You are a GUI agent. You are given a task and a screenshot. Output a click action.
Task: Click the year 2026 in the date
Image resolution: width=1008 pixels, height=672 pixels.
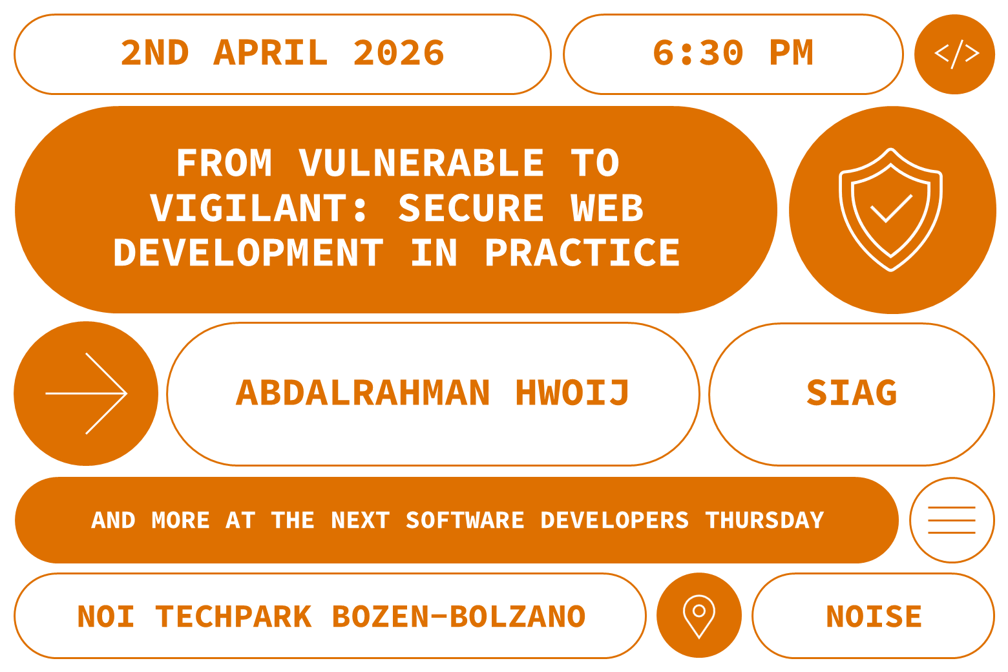click(399, 53)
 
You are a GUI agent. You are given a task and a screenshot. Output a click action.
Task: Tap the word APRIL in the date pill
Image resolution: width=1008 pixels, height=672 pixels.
click(271, 53)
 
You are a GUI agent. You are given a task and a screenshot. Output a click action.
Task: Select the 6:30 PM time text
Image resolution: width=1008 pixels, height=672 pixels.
click(732, 53)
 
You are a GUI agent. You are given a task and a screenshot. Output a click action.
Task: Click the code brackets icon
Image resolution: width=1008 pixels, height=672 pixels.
click(955, 54)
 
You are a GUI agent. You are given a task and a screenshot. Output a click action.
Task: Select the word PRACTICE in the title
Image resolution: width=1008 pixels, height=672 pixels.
click(582, 253)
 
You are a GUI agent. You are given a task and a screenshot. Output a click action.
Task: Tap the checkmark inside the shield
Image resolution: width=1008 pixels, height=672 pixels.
click(891, 208)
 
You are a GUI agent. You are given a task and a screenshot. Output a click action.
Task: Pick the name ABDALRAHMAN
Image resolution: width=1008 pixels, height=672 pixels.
click(363, 393)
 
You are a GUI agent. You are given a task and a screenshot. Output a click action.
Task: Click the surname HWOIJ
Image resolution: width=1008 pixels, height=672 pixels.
click(572, 393)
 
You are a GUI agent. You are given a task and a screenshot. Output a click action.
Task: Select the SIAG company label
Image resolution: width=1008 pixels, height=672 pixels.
click(852, 393)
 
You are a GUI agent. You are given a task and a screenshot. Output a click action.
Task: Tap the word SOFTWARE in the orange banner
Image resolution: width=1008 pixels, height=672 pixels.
click(465, 520)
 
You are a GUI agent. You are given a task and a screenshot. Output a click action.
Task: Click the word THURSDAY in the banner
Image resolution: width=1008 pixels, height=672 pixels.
click(764, 520)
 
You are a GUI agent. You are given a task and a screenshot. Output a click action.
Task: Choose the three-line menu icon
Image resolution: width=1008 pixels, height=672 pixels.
click(951, 520)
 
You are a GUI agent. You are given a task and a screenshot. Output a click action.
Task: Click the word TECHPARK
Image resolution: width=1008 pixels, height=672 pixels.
click(234, 616)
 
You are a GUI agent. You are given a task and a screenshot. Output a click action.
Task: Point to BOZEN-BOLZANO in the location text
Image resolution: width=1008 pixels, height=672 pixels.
click(459, 616)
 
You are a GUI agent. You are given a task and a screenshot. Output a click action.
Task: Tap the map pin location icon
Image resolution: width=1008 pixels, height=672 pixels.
click(698, 614)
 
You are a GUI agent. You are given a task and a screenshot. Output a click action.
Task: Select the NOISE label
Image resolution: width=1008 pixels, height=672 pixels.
click(874, 616)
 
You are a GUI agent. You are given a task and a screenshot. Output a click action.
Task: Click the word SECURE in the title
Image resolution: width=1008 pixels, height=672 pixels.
click(471, 208)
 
